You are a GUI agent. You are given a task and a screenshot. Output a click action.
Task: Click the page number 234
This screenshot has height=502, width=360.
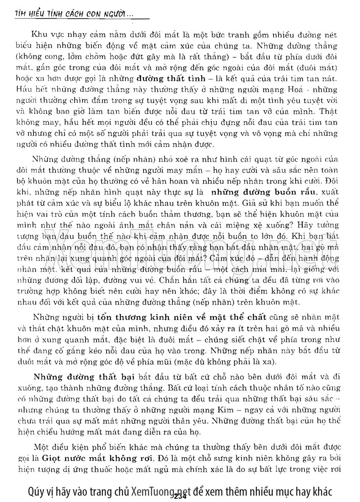pos(180,496)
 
